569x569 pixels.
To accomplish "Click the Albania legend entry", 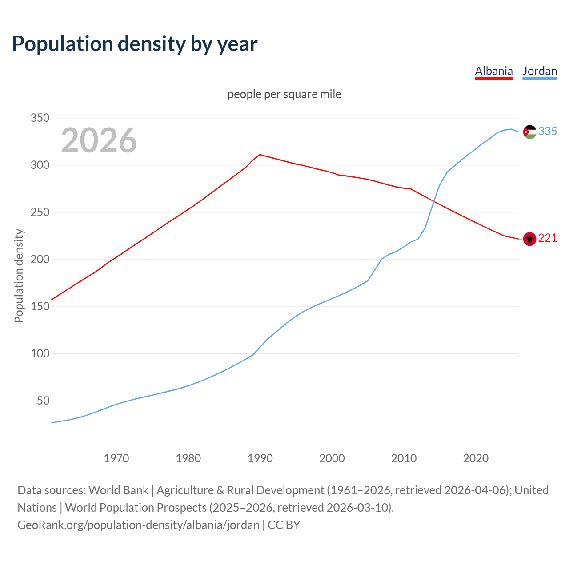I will point(493,71).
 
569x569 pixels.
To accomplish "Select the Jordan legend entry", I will point(540,71).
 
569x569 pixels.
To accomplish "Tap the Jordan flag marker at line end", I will point(529,132).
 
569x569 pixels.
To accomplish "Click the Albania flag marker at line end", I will point(529,239).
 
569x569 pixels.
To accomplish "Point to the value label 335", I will point(548,131).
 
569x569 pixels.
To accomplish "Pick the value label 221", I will point(548,238).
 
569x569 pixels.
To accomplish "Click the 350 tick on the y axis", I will point(40,118).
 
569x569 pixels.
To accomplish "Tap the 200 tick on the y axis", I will point(40,259).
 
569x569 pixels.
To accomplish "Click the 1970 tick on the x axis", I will point(116,458).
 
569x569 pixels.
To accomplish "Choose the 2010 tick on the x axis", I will point(404,458).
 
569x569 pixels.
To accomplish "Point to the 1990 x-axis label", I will point(260,458).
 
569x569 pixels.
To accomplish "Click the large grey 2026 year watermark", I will point(99,140).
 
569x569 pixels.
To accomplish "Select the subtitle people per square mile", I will point(284,94).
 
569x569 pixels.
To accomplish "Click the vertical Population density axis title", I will point(19,276).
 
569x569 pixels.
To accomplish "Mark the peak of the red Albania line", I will point(260,155).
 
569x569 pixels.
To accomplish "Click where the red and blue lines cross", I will point(434,201).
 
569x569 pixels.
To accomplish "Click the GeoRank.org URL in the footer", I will point(138,525).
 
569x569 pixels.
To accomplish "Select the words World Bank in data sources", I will point(118,490).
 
